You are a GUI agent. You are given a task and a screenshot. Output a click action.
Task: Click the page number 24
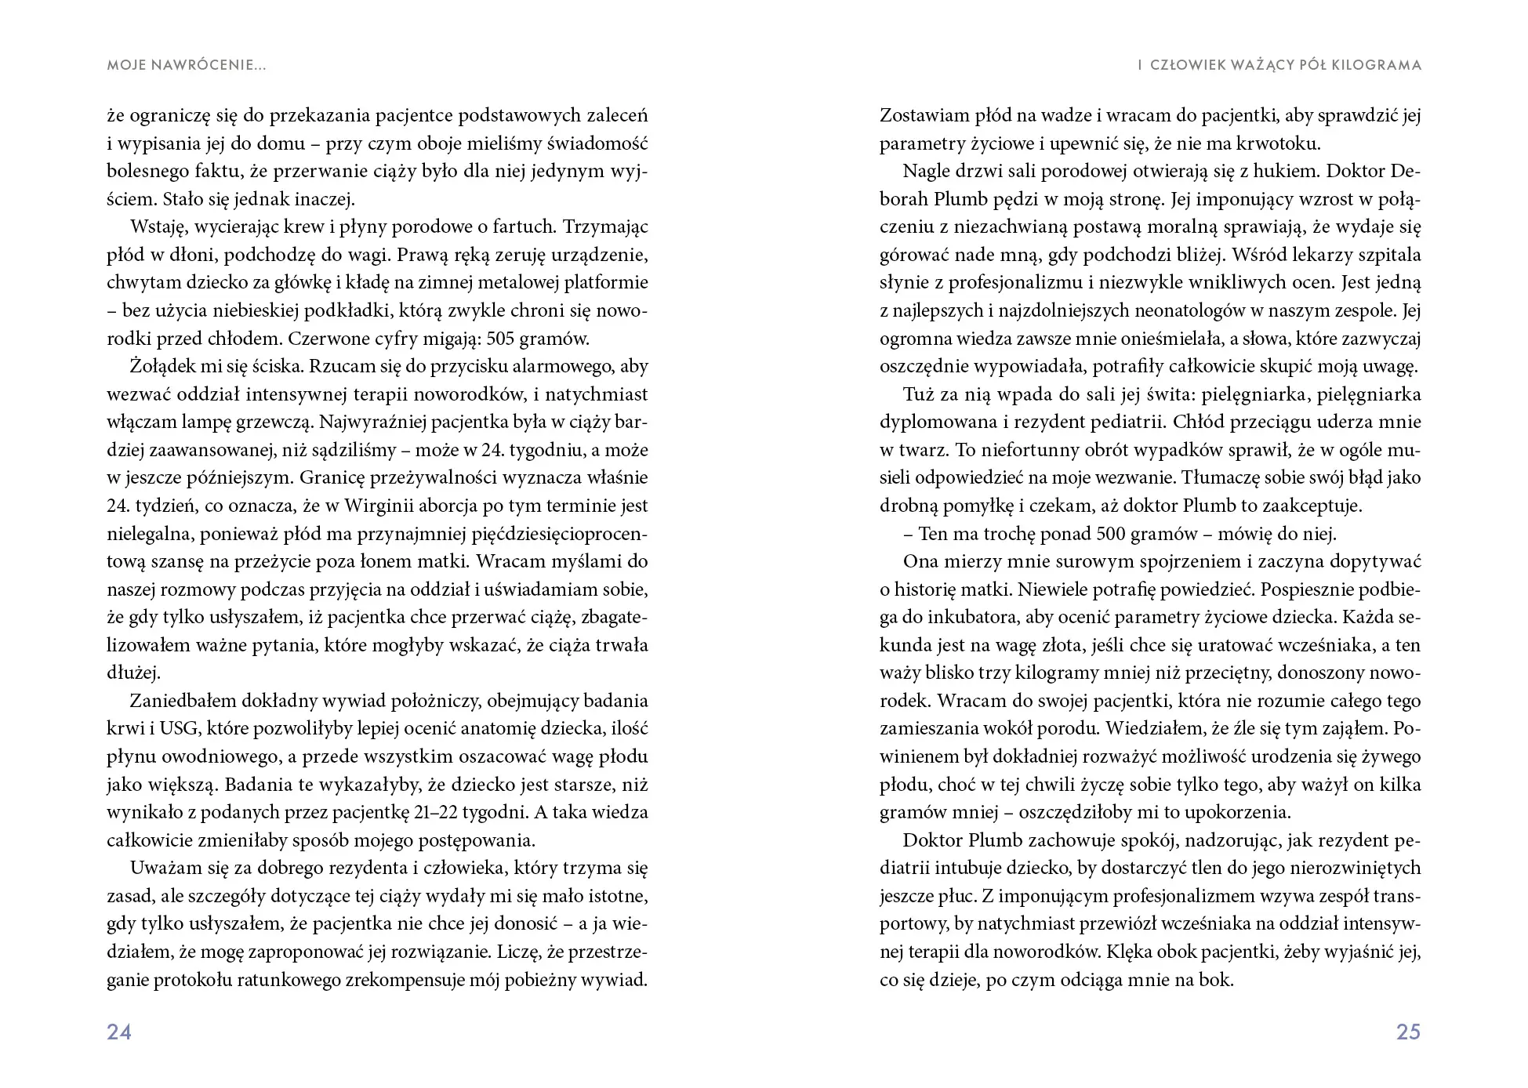pos(119,1032)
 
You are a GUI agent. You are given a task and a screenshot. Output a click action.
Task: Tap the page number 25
pos(1408,1032)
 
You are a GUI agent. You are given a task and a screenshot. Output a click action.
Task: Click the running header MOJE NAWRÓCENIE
pos(186,65)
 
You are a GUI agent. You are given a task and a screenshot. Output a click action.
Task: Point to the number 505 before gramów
pos(502,339)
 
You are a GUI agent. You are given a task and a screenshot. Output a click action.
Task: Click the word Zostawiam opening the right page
pos(924,115)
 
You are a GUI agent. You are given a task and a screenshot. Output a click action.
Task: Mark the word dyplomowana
pos(938,422)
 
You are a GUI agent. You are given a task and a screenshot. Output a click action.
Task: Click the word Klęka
pos(1130,952)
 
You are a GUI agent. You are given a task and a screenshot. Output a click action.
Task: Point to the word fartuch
pos(529,227)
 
